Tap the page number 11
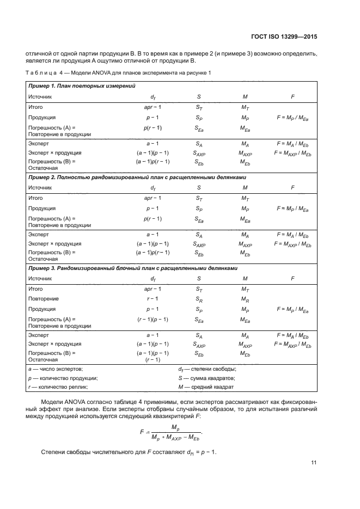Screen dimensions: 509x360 (x=314, y=463)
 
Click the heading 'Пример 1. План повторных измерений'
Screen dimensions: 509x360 (x=82, y=86)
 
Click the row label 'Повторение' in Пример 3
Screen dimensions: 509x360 (x=43, y=299)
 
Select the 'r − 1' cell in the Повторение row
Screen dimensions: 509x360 (x=152, y=299)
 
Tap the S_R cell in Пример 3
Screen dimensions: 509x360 (x=199, y=299)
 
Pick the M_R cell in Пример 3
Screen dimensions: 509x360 (x=245, y=299)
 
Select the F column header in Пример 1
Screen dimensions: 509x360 (x=292, y=96)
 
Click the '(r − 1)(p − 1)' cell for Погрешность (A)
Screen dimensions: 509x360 (x=152, y=319)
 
